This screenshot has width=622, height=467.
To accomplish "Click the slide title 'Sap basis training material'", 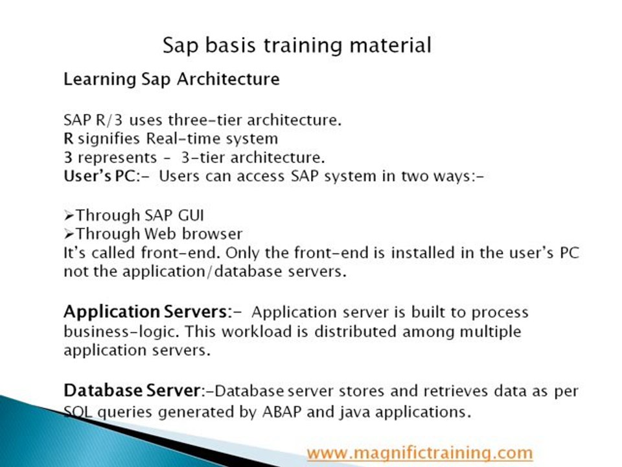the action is click(297, 45).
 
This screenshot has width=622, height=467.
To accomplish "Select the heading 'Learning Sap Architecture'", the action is click(171, 79).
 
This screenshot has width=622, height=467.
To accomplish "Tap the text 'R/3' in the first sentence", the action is click(109, 120).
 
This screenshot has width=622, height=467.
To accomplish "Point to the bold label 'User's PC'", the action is click(100, 176).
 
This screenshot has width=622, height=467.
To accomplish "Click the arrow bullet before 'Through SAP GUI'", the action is click(69, 215).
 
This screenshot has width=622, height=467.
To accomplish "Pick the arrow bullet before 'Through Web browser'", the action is click(69, 234).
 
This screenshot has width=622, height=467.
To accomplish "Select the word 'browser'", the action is click(213, 234).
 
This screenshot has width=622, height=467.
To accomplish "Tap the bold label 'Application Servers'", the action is click(144, 312).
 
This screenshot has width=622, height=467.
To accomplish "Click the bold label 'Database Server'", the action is click(132, 390).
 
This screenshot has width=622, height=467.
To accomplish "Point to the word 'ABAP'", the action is click(282, 412).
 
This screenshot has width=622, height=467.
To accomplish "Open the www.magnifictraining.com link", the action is click(420, 453).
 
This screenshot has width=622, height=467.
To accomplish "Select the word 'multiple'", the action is click(490, 331).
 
